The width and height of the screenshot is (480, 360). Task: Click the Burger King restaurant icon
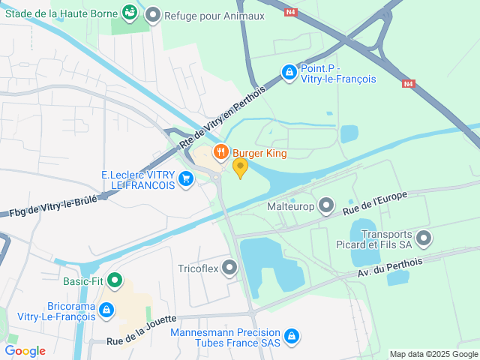coord(220,154)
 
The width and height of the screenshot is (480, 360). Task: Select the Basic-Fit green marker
coord(115,281)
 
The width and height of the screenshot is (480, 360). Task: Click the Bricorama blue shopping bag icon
coord(106,309)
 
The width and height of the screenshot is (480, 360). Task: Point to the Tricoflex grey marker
coord(229,268)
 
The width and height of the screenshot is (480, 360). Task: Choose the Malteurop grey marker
coord(326,205)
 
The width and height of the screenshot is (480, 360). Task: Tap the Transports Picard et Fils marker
coord(424,239)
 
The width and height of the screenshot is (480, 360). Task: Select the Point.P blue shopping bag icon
coord(289,72)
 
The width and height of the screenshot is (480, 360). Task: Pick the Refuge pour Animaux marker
coord(154,14)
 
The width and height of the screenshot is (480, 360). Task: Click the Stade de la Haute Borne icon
coord(130,12)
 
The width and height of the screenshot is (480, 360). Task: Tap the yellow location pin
coord(240,167)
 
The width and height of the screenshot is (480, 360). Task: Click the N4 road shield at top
coord(290,12)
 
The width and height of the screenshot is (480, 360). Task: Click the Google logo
coord(25,351)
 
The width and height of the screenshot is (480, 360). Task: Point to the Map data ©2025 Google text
coord(433,354)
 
